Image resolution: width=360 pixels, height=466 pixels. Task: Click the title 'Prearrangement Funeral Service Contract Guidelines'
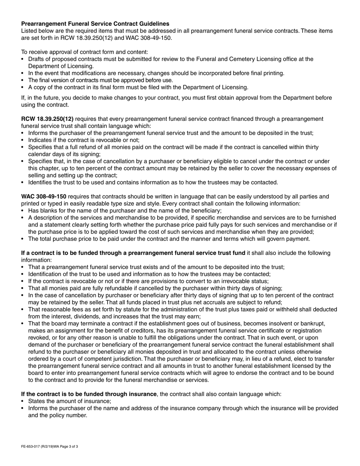pyautogui.click(x=95, y=23)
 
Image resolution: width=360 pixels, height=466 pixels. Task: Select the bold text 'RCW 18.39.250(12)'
pyautogui.click(x=47, y=119)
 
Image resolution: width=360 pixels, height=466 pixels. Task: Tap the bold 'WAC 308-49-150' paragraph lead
pyautogui.click(x=44, y=196)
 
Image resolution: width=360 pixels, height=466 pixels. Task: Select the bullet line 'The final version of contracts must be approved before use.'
pyautogui.click(x=100, y=80)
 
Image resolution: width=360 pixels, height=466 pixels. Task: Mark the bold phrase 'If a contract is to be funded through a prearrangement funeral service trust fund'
pyautogui.click(x=133, y=253)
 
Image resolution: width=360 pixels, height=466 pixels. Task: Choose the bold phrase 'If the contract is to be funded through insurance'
pyautogui.click(x=89, y=394)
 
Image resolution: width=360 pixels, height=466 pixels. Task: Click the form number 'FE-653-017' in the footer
pyautogui.click(x=32, y=447)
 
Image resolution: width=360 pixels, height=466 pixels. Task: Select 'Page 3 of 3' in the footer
pyautogui.click(x=69, y=447)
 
